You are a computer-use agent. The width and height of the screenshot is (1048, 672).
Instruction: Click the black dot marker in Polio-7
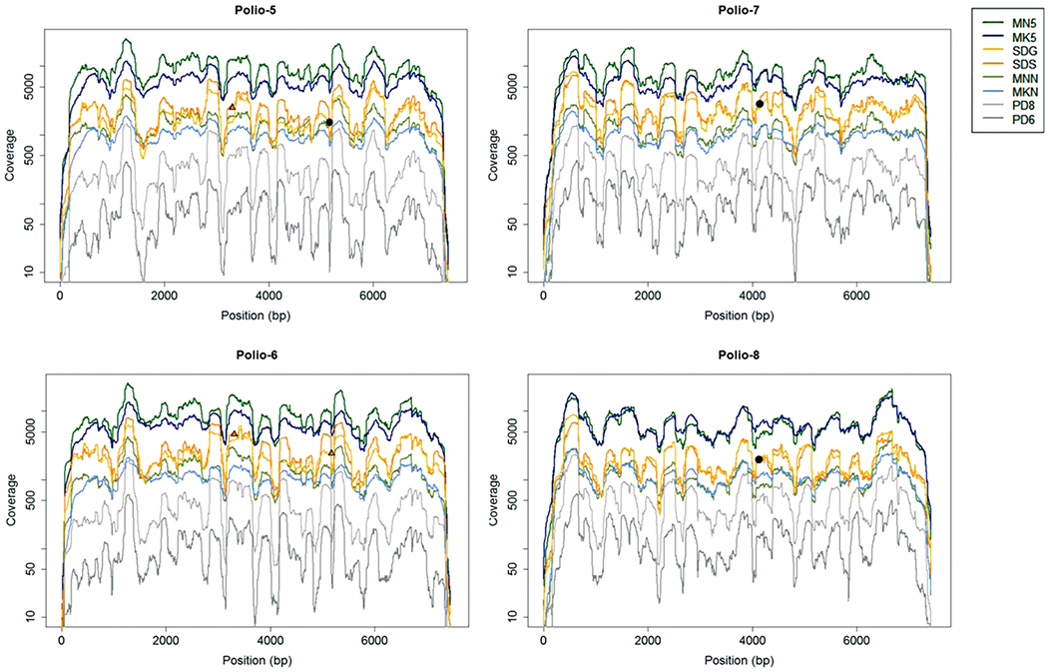pyautogui.click(x=760, y=104)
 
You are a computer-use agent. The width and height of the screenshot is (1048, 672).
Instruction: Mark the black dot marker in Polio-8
pyautogui.click(x=760, y=459)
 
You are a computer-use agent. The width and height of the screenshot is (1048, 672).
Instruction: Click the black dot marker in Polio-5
pyautogui.click(x=329, y=123)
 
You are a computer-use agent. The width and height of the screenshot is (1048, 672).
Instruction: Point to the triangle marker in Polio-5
pyautogui.click(x=232, y=107)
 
